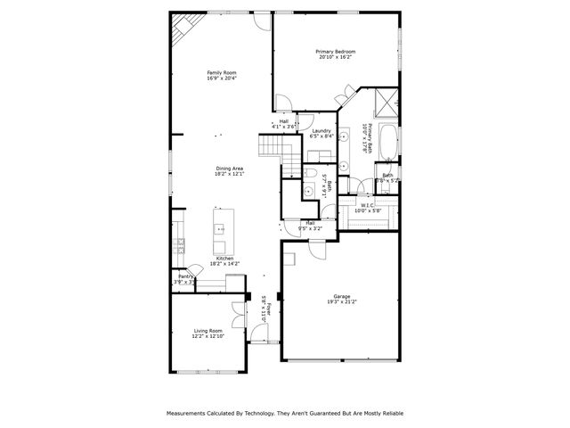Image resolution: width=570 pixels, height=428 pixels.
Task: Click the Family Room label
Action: [222, 72]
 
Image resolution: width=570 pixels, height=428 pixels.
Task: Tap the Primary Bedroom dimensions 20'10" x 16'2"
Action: [335, 58]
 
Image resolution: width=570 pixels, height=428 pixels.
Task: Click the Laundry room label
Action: [322, 131]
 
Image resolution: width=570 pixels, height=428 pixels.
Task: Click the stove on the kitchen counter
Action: [179, 243]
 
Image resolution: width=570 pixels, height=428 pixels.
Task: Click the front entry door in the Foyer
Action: [258, 338]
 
